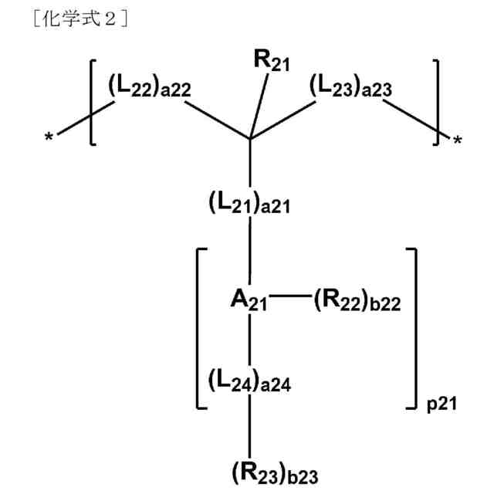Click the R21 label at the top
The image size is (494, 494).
tap(272, 62)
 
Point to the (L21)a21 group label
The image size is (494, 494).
tap(249, 205)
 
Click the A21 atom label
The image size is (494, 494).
tap(249, 299)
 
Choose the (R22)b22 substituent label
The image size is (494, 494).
tap(357, 300)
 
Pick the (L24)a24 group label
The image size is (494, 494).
tap(249, 381)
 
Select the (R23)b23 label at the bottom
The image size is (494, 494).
tap(274, 471)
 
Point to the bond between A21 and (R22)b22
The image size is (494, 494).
tap(290, 296)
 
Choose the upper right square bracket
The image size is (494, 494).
tap(436, 100)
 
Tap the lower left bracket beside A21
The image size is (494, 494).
tap(200, 328)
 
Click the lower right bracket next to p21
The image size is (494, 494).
tap(414, 328)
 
